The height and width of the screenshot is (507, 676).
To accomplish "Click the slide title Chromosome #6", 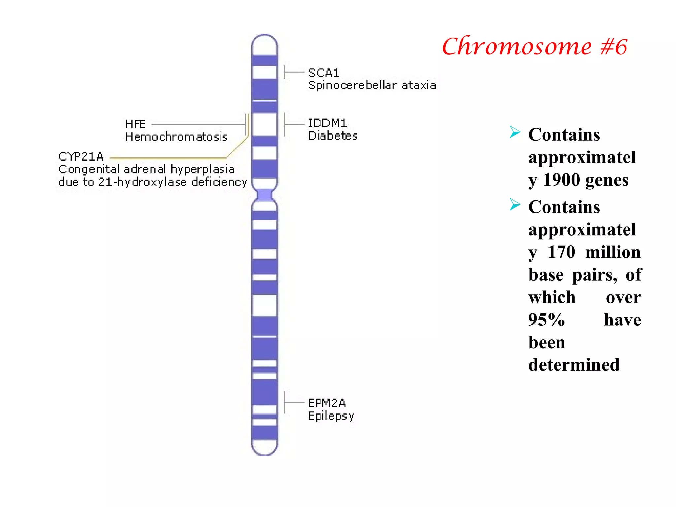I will [534, 46].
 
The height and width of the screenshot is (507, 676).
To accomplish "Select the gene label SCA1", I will [323, 73].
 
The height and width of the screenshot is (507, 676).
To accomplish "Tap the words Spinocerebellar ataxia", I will [372, 85].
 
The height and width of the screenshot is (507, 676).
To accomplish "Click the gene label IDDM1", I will [327, 123].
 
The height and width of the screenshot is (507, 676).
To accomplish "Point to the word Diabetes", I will [332, 136].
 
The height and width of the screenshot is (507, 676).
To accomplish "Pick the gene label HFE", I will [135, 124].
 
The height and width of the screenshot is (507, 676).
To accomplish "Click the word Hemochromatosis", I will [176, 137].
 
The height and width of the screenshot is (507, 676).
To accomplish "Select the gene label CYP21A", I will [81, 156].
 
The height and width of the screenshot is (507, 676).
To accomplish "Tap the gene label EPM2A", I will [327, 403].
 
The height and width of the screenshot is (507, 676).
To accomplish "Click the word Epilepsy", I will [331, 416].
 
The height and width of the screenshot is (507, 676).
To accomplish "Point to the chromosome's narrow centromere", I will [264, 195].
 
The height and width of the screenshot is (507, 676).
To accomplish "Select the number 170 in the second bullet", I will [561, 252].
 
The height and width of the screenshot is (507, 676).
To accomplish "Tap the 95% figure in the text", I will [547, 320].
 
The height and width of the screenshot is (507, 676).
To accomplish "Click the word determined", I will [574, 365].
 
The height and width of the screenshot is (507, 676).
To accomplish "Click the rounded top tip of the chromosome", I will [264, 39].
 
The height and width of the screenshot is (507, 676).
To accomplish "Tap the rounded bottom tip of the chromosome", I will [264, 451].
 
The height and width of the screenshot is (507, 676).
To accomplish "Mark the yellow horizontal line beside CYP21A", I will [168, 158].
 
